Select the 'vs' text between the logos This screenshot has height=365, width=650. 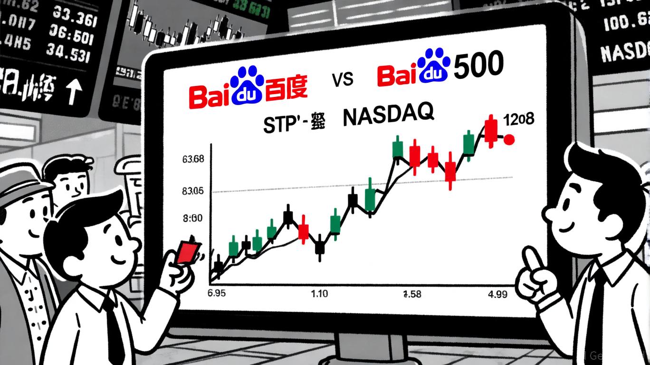coord(342,80)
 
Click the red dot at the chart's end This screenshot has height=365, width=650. coord(509,140)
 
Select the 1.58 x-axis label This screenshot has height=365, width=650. coord(412,294)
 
